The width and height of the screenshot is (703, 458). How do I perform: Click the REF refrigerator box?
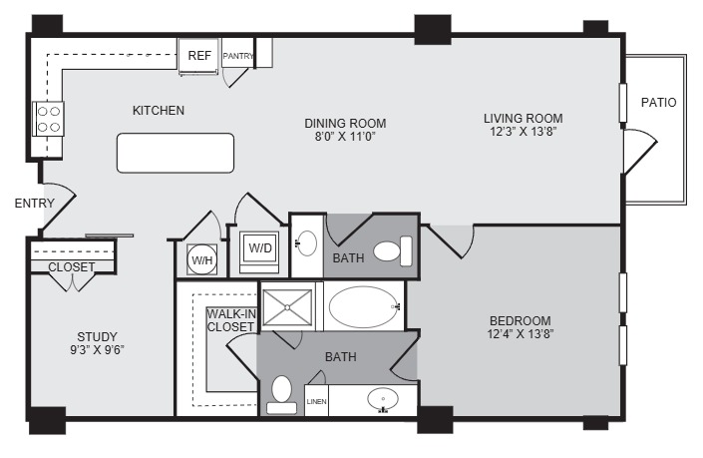pos(198,56)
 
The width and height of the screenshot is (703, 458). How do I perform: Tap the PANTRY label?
pos(238,56)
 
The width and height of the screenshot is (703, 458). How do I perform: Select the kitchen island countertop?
pos(176,153)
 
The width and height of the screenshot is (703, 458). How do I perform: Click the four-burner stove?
pos(49,119)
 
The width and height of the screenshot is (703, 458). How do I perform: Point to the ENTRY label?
pos(35,204)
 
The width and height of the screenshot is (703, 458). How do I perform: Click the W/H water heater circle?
pos(202,259)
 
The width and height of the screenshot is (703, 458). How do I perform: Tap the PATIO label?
pos(658,103)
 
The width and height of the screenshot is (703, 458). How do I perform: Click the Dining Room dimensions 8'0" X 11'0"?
pos(345,137)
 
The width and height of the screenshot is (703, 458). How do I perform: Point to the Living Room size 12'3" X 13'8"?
pos(524,132)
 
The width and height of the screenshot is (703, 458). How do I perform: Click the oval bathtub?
pos(363,307)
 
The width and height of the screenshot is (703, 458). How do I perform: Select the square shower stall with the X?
pos(287,307)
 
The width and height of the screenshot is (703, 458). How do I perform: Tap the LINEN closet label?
pos(316,401)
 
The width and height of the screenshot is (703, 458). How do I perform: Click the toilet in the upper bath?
pos(393,250)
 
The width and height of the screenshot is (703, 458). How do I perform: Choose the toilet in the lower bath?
pos(281,395)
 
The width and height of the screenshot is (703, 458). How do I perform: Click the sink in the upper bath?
pos(307,243)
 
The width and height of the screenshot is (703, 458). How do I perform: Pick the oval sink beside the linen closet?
pos(383,399)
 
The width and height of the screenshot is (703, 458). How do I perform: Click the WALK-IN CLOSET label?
pos(231,320)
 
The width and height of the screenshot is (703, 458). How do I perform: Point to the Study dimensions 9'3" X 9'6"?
pos(97,350)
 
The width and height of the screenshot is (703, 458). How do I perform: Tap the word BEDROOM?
pos(521,321)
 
